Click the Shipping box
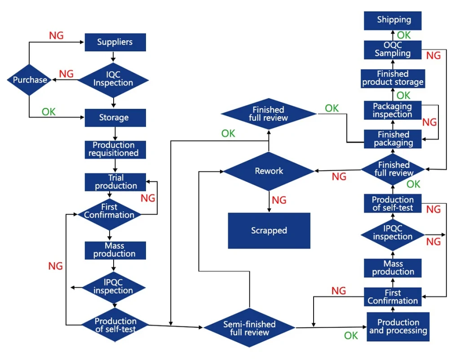[393, 21]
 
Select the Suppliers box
[115, 42]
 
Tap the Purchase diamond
[29, 80]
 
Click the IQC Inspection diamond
[113, 80]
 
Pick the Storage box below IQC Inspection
[115, 118]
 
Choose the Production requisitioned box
[115, 149]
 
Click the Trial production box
[115, 182]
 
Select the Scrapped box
[269, 231]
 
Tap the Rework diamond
[269, 171]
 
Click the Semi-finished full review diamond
[249, 328]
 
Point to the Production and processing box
[398, 327]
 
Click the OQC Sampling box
[393, 50]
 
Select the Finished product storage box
[393, 78]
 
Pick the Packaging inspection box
[393, 110]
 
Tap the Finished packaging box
[393, 139]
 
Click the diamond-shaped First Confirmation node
[109, 214]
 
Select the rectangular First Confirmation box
[393, 297]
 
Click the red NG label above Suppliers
[56, 35]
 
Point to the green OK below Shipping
[404, 35]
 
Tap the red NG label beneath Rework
[279, 200]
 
